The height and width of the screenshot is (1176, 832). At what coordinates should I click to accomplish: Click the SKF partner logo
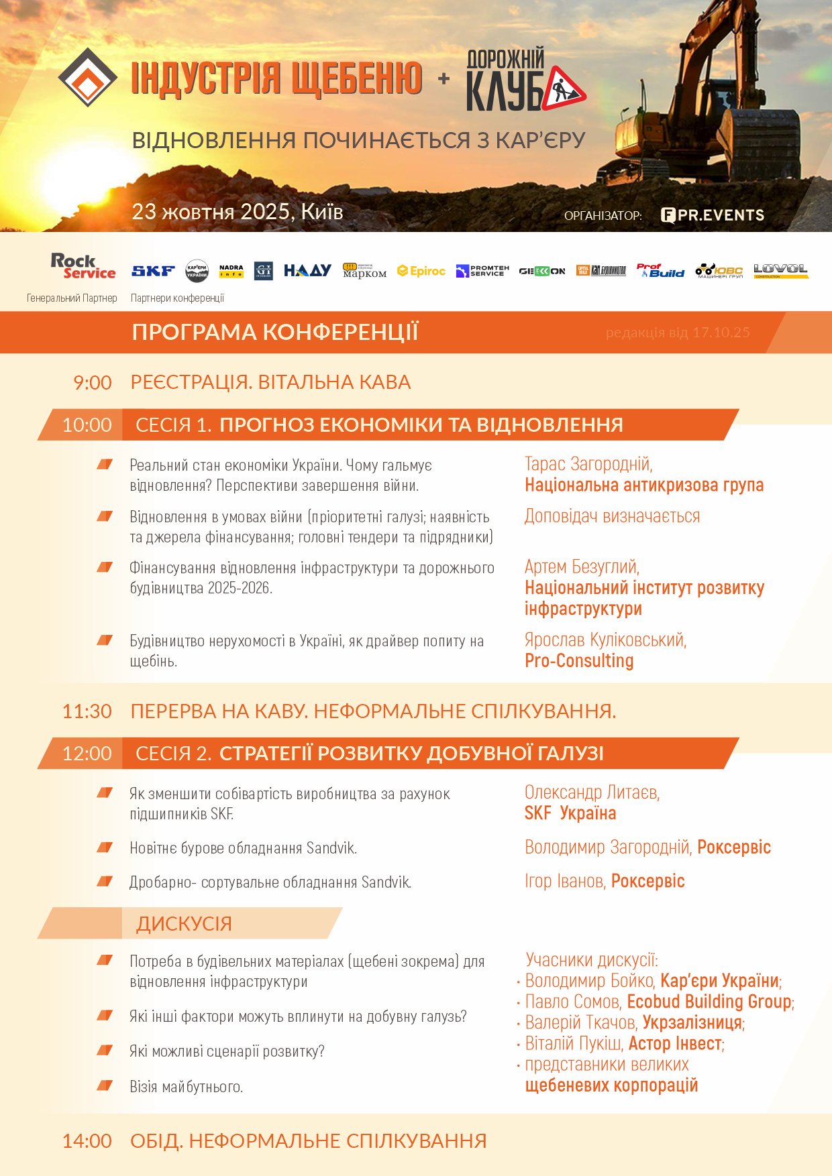[x=153, y=271]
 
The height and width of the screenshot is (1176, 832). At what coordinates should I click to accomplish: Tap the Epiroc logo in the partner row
[x=421, y=271]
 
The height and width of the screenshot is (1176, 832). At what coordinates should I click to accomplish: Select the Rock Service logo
[x=83, y=266]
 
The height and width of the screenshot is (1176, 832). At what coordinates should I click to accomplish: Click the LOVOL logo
[x=780, y=270]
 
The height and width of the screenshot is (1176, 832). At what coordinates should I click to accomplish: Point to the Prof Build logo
[x=660, y=270]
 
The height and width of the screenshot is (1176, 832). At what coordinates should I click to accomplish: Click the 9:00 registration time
[x=93, y=383]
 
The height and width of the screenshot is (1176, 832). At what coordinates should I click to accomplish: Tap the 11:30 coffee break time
[x=87, y=711]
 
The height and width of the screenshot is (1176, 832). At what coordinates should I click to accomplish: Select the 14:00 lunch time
[x=87, y=1141]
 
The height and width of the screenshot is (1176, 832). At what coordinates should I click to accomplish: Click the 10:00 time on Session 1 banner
[x=87, y=425]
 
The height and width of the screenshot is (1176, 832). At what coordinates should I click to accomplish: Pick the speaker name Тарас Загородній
[x=588, y=464]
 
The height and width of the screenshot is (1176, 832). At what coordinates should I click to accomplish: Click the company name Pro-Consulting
[x=579, y=661]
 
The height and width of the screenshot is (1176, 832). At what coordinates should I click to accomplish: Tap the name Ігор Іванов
[x=564, y=881]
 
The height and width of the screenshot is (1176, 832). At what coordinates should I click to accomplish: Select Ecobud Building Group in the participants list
[x=709, y=1002]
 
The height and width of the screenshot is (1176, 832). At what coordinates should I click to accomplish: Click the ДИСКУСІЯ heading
[x=184, y=924]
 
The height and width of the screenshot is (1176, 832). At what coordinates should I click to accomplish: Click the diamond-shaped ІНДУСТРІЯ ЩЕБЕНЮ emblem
[x=88, y=77]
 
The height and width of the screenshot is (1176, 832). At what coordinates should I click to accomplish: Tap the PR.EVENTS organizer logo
[x=713, y=215]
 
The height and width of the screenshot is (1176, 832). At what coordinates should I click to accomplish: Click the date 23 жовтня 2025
[x=211, y=212]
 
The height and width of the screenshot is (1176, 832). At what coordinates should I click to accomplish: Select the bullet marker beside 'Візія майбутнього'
[x=105, y=1085]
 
